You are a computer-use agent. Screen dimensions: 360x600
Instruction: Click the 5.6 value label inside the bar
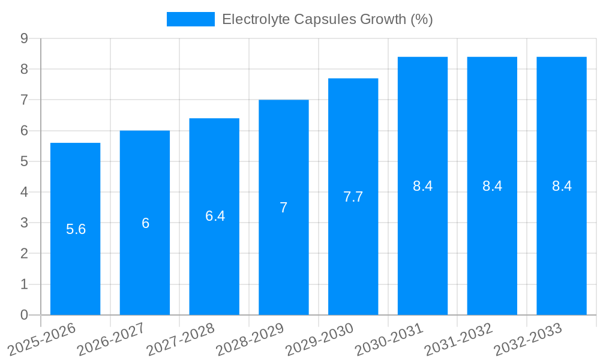pyautogui.click(x=76, y=229)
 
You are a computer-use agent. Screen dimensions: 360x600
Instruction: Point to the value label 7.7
pyautogui.click(x=353, y=197)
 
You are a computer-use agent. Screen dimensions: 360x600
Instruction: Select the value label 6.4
pyautogui.click(x=215, y=216)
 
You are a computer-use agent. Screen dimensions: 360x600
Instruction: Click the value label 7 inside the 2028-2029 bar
pyautogui.click(x=283, y=208)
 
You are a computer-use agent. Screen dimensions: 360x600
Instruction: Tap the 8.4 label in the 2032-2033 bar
pyautogui.click(x=562, y=186)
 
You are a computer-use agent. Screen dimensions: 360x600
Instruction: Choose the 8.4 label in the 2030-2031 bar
pyautogui.click(x=422, y=186)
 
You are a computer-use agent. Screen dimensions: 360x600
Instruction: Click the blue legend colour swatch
pyautogui.click(x=190, y=19)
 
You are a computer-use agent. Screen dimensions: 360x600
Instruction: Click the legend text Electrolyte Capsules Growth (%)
pyautogui.click(x=327, y=19)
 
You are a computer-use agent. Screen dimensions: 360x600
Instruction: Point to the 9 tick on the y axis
pyautogui.click(x=24, y=38)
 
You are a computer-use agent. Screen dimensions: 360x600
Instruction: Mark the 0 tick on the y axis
pyautogui.click(x=24, y=315)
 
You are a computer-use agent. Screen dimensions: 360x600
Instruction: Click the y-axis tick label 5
pyautogui.click(x=24, y=161)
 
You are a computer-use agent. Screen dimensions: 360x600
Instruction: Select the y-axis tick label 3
pyautogui.click(x=24, y=223)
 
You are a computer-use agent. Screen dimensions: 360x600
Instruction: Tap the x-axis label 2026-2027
pyautogui.click(x=111, y=339)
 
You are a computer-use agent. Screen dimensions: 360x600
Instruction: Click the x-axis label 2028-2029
pyautogui.click(x=250, y=339)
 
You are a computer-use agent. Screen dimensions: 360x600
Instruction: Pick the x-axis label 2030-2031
pyautogui.click(x=389, y=339)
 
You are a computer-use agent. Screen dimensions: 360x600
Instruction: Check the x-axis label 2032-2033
pyautogui.click(x=528, y=339)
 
